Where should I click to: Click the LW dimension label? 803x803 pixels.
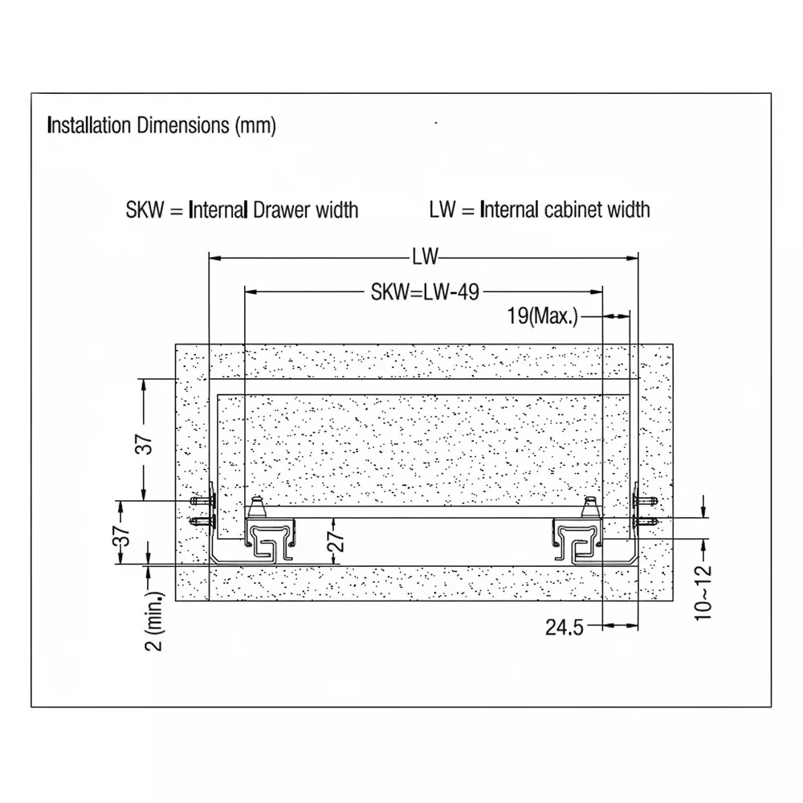click(426, 257)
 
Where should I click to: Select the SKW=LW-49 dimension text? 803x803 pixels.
click(425, 292)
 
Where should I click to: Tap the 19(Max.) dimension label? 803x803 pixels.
click(542, 316)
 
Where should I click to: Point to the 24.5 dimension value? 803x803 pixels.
click(565, 627)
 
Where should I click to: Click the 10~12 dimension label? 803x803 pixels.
click(703, 593)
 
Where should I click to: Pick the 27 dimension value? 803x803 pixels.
click(336, 541)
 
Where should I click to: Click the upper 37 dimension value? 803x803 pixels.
click(144, 445)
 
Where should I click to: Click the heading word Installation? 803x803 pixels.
click(89, 125)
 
